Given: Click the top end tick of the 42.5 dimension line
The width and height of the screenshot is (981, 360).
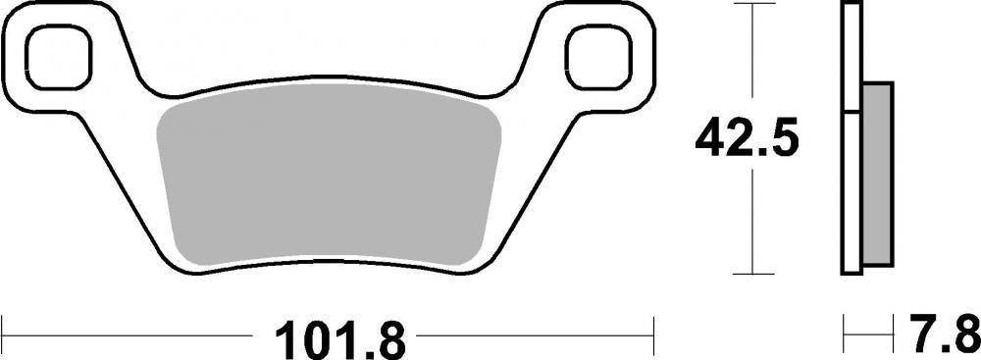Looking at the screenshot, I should click(750, 5).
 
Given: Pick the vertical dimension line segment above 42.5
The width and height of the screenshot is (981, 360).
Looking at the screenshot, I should click(750, 59).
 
